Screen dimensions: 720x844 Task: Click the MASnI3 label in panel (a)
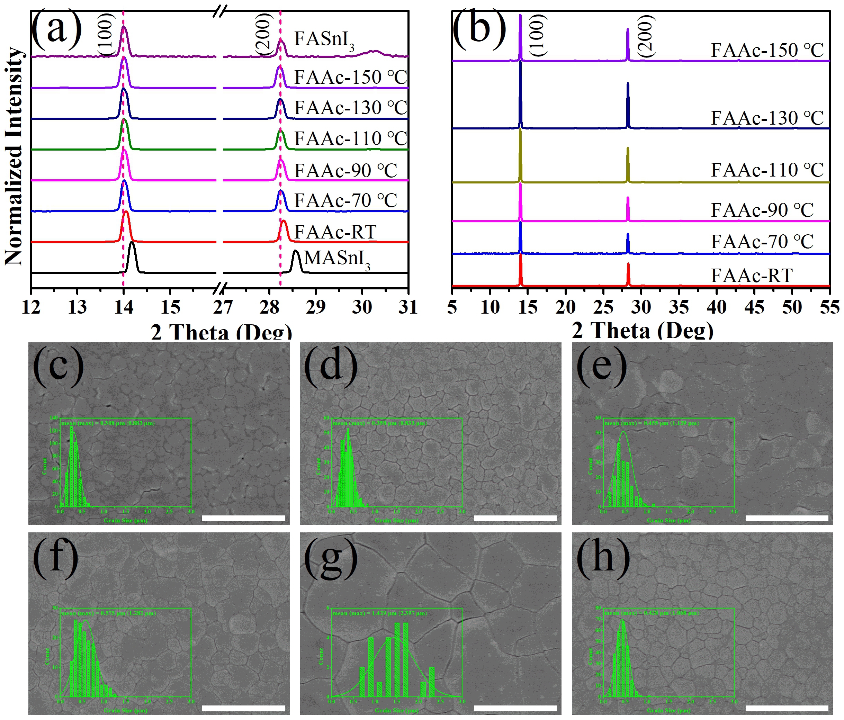(337, 259)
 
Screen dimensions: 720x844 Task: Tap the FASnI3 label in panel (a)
(324, 40)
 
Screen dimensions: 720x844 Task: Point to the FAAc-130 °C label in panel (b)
(767, 118)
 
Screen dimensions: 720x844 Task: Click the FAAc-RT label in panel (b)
(752, 276)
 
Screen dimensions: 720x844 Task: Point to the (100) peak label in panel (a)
(105, 34)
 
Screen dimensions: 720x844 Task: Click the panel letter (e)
(602, 367)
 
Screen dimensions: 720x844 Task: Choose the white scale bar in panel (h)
(787, 709)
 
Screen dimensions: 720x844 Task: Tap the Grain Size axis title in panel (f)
(125, 711)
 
